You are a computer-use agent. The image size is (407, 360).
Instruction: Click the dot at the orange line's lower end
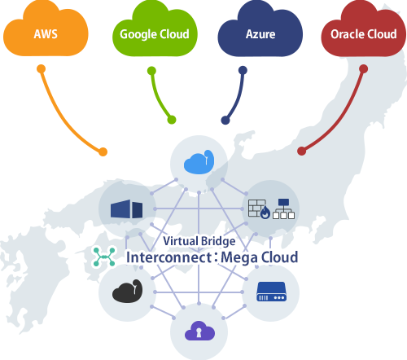point(103,151)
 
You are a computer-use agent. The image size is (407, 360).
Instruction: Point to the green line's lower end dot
point(172,121)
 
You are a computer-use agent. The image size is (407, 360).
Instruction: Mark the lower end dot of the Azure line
point(226,121)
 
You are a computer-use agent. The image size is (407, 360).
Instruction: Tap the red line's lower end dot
point(301,151)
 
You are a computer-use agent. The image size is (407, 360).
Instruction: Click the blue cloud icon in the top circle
point(199,162)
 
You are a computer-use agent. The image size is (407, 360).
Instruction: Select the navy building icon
point(126,209)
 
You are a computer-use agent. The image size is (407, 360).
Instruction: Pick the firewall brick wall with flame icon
point(259,209)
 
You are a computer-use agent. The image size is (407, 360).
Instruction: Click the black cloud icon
point(127,291)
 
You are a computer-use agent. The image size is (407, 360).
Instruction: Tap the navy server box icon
point(272,291)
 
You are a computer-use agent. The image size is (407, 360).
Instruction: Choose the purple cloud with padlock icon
point(199,330)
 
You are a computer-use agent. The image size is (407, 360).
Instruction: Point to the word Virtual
point(182,241)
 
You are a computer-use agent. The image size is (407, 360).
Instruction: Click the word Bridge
point(220,241)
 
